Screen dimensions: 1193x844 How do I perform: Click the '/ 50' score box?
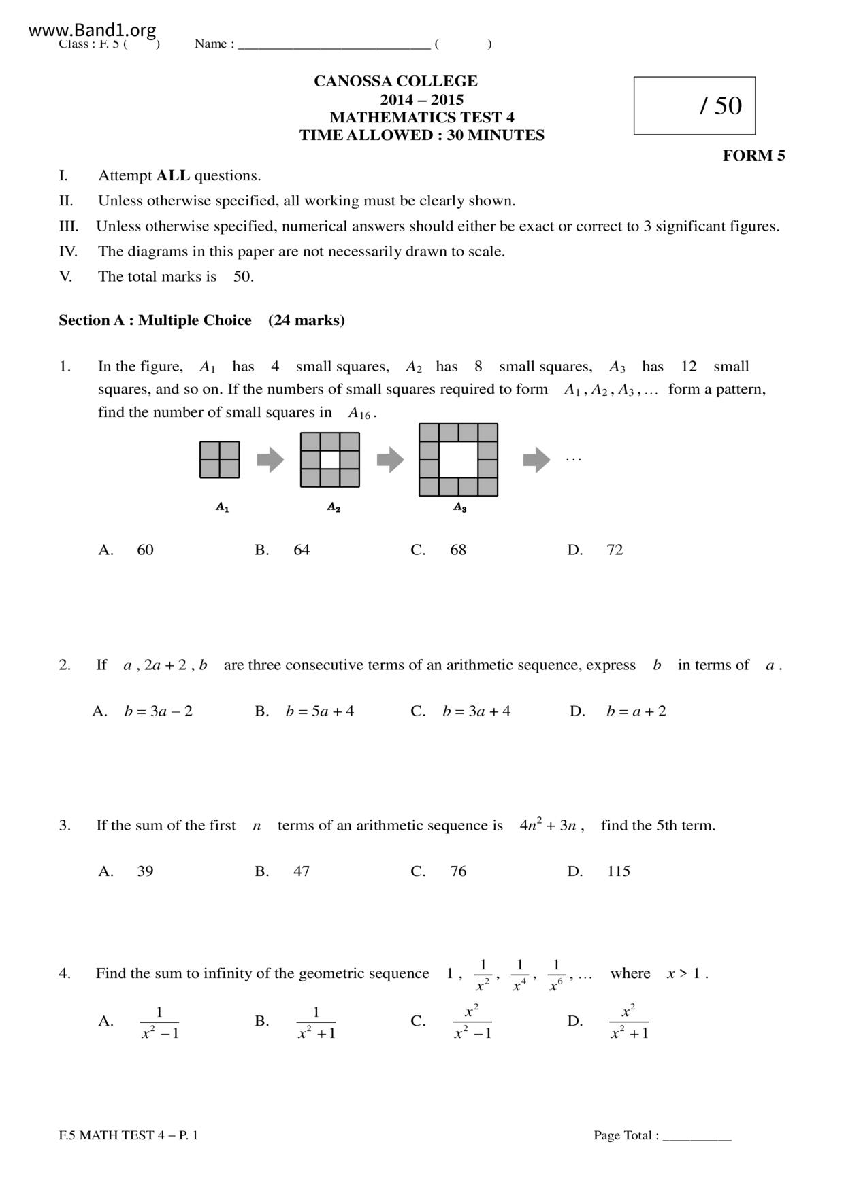(x=694, y=105)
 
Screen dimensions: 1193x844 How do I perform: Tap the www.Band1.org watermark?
(x=93, y=30)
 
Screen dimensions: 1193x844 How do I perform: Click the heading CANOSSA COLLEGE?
(x=395, y=81)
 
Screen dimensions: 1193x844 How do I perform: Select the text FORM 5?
(x=753, y=156)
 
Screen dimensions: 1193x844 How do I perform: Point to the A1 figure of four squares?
(x=219, y=460)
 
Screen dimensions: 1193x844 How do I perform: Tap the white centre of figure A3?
(x=458, y=460)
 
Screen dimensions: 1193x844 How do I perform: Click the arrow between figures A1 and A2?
(x=270, y=460)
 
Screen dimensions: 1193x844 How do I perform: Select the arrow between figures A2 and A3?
(x=390, y=460)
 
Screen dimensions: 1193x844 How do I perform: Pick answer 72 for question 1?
(x=615, y=550)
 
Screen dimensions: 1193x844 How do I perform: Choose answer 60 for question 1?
(x=145, y=550)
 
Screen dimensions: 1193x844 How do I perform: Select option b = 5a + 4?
(x=320, y=711)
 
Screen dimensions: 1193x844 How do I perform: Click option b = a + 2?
(x=636, y=711)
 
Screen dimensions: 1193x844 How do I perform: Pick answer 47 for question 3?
(x=302, y=871)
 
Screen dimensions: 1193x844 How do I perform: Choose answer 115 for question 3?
(x=619, y=871)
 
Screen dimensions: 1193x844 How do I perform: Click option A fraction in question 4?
(x=159, y=1022)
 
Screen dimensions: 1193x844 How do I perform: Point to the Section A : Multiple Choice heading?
(x=155, y=320)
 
